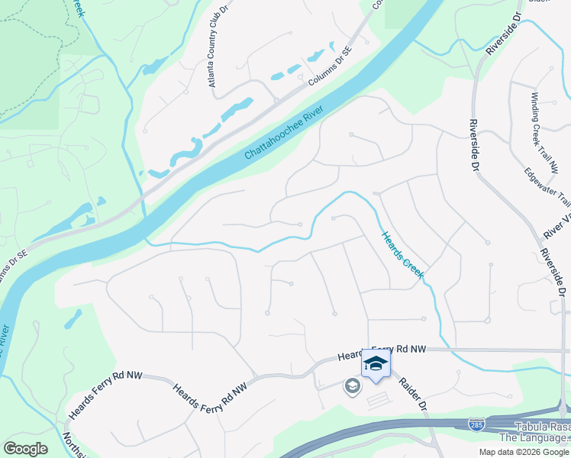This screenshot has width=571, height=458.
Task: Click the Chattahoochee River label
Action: click(x=285, y=134)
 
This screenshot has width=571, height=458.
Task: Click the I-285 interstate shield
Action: click(x=476, y=422)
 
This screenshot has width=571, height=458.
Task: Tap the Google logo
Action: click(x=25, y=449)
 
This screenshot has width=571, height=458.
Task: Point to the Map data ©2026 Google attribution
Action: click(x=524, y=452)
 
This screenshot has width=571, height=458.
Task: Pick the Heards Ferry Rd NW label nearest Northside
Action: click(x=98, y=395)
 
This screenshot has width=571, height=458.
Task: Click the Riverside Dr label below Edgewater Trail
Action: click(x=554, y=271)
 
